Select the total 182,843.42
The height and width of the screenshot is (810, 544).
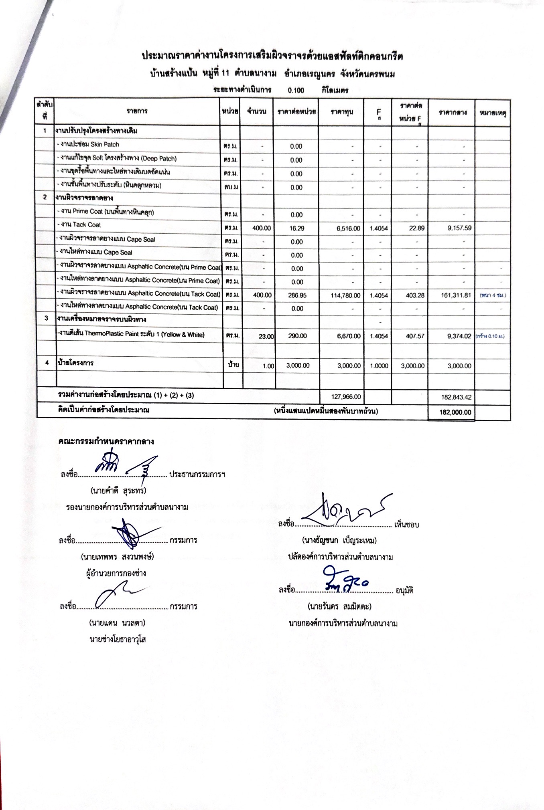[456, 397]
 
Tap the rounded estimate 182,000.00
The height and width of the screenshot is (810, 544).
[455, 412]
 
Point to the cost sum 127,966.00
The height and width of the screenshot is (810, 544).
[346, 397]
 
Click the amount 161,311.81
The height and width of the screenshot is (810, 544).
[456, 295]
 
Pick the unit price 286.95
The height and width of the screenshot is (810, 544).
[297, 295]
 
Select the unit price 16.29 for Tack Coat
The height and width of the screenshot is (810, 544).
[296, 228]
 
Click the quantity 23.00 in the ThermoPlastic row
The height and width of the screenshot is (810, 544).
[266, 337]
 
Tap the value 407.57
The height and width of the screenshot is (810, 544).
[414, 336]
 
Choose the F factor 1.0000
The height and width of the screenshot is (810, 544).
[379, 366]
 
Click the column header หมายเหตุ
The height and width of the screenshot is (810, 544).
[492, 113]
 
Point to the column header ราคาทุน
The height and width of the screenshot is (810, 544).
[342, 112]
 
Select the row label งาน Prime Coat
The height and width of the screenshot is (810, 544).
[106, 211]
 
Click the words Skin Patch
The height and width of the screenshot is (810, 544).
[105, 144]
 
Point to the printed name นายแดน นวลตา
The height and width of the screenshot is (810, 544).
[117, 623]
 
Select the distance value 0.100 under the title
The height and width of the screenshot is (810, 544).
[296, 90]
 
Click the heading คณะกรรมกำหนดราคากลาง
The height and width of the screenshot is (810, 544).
[106, 441]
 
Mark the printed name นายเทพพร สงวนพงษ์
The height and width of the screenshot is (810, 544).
[117, 557]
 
